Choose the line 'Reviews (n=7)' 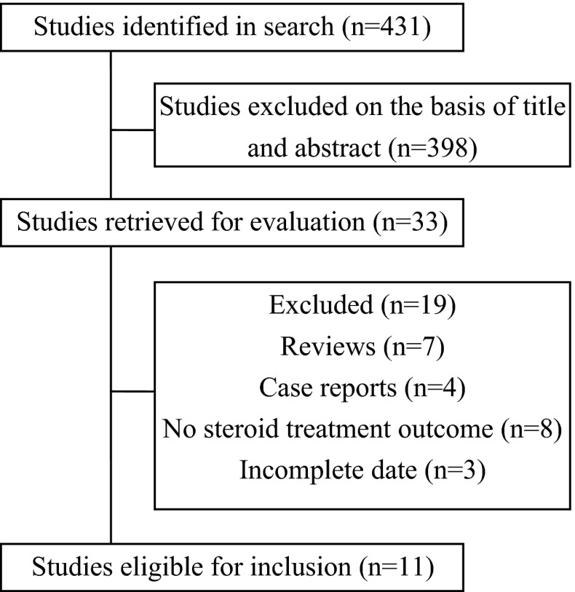[x=362, y=347]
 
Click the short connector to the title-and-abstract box [x=132, y=130]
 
